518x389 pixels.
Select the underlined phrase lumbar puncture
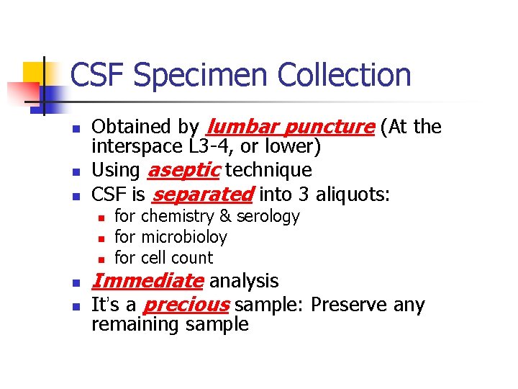pyautogui.click(x=290, y=128)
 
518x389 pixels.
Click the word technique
pyautogui.click(x=268, y=171)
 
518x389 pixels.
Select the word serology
pyautogui.click(x=268, y=216)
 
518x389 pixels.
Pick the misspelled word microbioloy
pyautogui.click(x=183, y=237)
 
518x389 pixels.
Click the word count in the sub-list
pyautogui.click(x=195, y=258)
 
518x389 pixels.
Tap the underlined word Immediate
pyautogui.click(x=147, y=281)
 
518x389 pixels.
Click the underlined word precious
pyautogui.click(x=186, y=305)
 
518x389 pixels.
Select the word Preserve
pyautogui.click(x=349, y=305)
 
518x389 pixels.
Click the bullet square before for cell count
pyautogui.click(x=101, y=259)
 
